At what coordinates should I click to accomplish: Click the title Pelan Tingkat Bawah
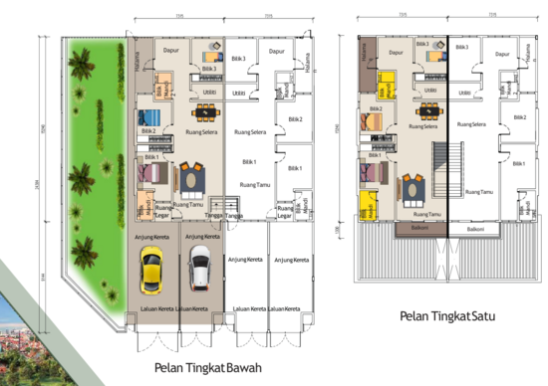pyautogui.click(x=207, y=367)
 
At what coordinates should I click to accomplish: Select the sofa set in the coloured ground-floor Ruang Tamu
pyautogui.click(x=187, y=180)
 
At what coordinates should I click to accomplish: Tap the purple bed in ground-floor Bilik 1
pyautogui.click(x=147, y=169)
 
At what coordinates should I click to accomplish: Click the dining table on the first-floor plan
pyautogui.click(x=427, y=112)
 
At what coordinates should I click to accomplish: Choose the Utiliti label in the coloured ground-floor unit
pyautogui.click(x=210, y=91)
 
